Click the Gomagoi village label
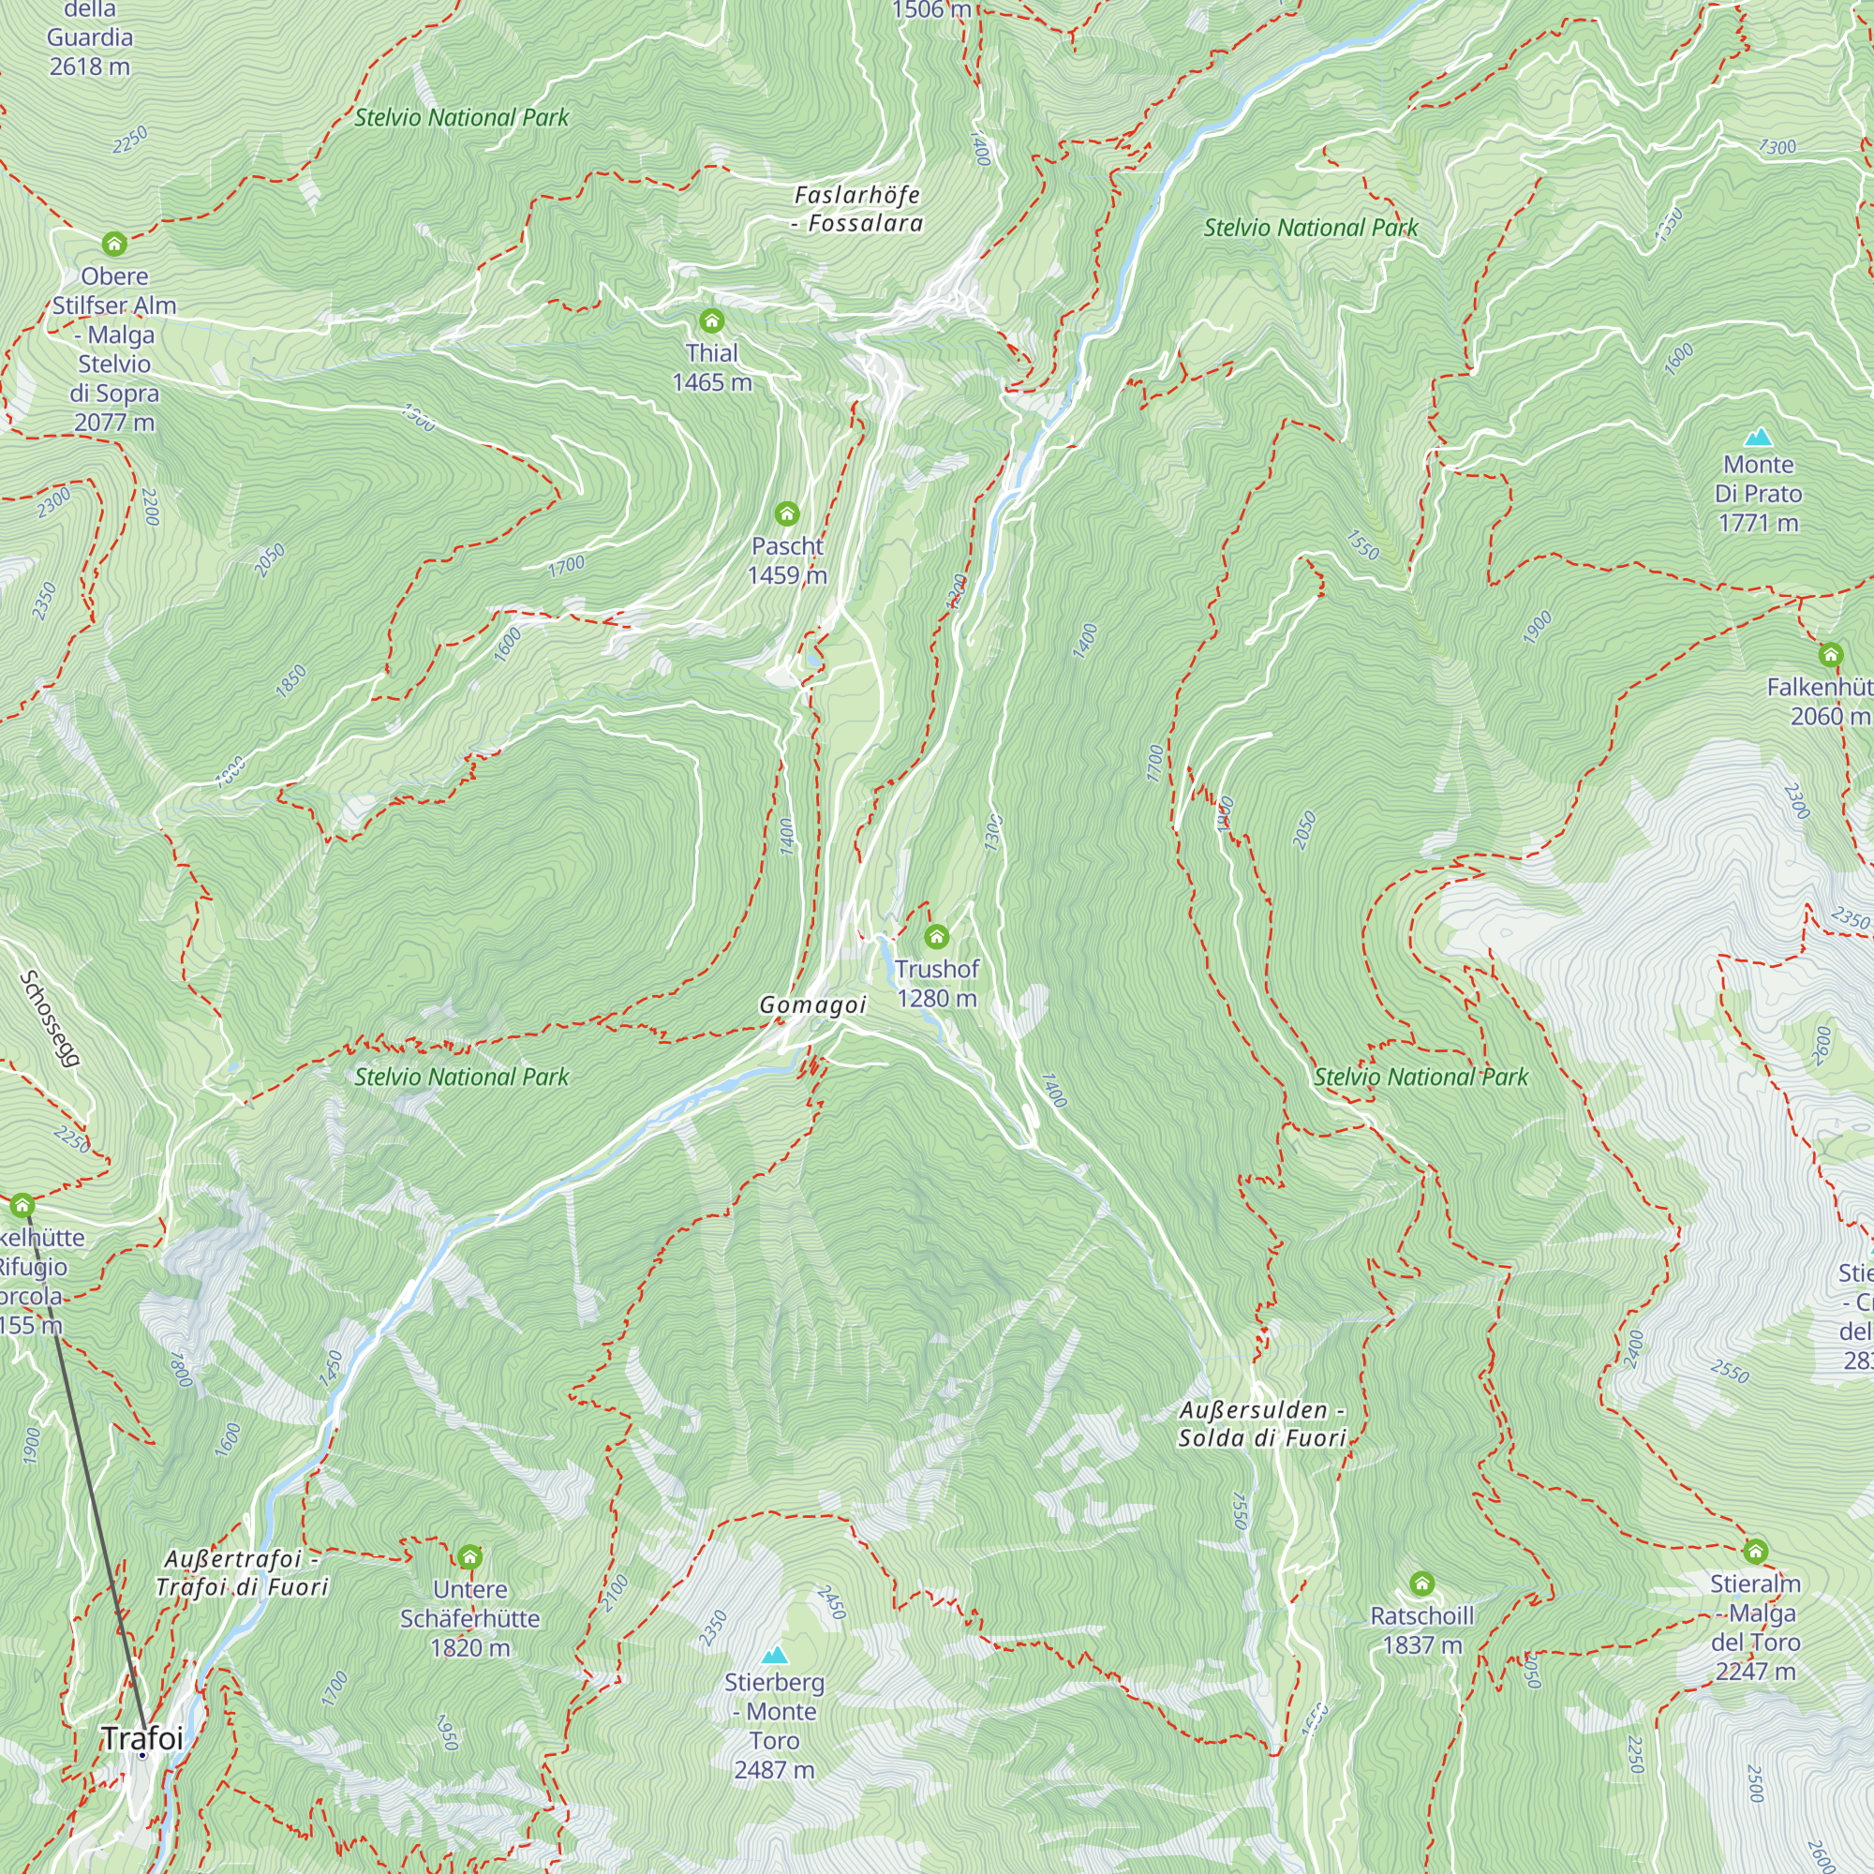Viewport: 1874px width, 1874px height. coord(811,1004)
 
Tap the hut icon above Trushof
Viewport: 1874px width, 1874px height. coord(936,936)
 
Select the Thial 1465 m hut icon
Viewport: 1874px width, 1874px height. coord(711,321)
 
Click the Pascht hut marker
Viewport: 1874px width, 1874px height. coord(787,513)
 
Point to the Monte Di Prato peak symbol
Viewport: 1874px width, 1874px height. coord(1758,438)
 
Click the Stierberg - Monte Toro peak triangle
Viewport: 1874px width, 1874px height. coord(774,1655)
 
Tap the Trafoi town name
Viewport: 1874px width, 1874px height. coord(142,1738)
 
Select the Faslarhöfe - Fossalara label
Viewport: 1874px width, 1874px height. coord(856,209)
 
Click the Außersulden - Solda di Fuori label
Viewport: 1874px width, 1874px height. coord(1262,1424)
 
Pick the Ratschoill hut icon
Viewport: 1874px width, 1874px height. coord(1422,1583)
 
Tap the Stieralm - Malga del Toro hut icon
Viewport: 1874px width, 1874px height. coord(1756,1551)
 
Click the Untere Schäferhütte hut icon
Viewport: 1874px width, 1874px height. coord(469,1556)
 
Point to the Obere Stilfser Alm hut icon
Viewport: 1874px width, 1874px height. coord(114,244)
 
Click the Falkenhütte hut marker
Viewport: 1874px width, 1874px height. coord(1830,655)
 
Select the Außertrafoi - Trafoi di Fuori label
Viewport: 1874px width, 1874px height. coord(242,1572)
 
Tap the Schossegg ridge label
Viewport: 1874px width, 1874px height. coord(49,1019)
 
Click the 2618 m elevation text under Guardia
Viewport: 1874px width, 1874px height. coord(89,67)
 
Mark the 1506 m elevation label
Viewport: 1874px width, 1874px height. coord(930,10)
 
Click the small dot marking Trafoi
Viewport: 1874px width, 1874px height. coord(142,1755)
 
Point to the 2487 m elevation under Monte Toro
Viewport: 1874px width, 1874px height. coord(774,1769)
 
